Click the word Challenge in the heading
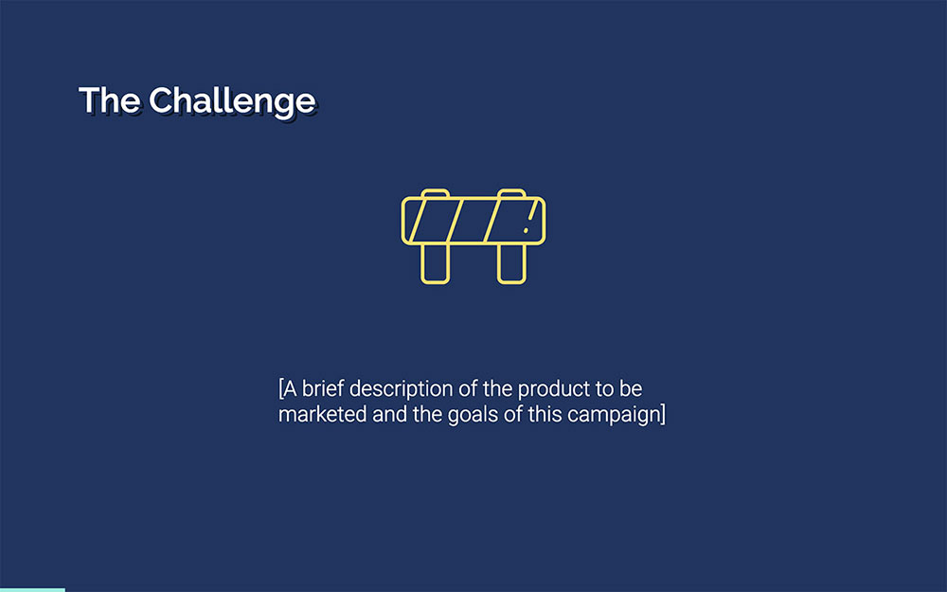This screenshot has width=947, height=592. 231,100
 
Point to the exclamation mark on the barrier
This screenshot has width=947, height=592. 528,219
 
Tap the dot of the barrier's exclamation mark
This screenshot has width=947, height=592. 527,229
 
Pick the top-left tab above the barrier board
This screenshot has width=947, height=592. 435,193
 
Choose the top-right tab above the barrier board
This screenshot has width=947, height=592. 511,193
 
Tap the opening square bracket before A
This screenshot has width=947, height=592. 281,389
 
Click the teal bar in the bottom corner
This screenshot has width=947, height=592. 32,589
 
